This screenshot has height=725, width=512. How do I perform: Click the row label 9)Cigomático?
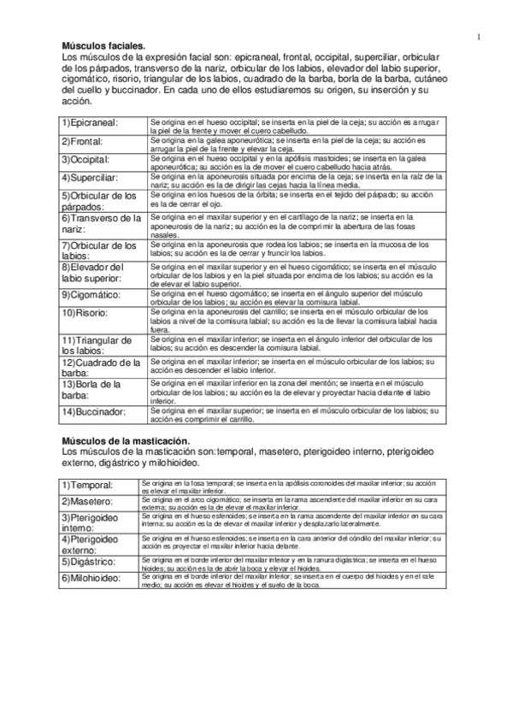pyautogui.click(x=91, y=294)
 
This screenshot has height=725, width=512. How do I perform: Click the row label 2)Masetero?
pyautogui.click(x=89, y=501)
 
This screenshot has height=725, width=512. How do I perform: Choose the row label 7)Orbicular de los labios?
pyautogui.click(x=98, y=251)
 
